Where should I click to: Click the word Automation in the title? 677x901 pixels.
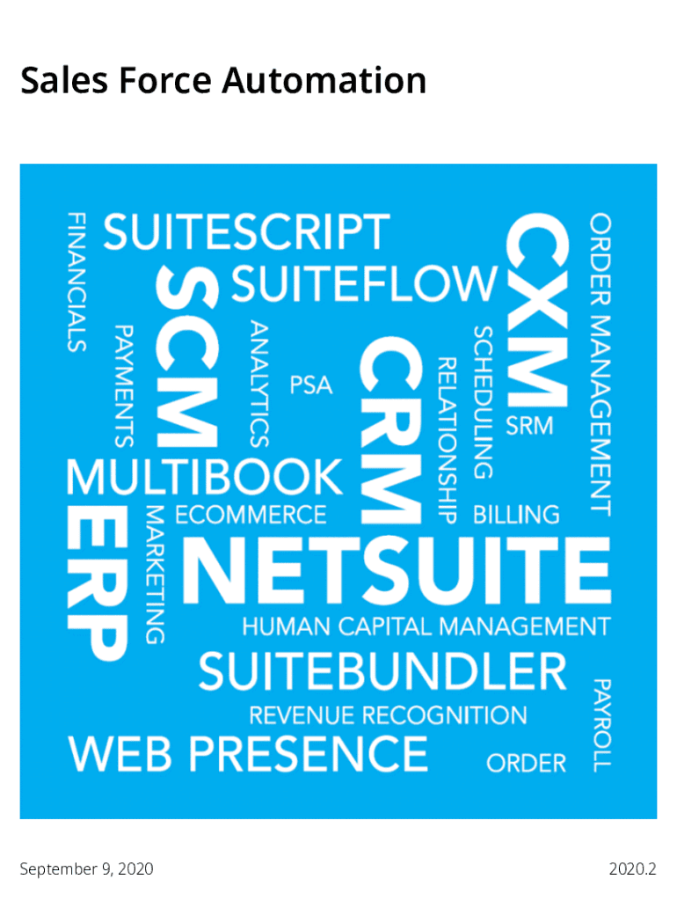(324, 80)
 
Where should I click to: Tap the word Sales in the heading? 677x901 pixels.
(64, 80)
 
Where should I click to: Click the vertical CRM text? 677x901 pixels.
(391, 430)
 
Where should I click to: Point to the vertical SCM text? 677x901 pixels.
(187, 356)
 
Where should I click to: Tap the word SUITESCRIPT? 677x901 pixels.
(246, 231)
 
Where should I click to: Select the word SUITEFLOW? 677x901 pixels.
(364, 283)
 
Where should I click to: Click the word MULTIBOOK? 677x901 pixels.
(205, 477)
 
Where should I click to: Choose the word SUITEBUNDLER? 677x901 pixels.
(382, 671)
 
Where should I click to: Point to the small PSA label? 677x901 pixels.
(310, 385)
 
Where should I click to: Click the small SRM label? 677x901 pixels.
(529, 426)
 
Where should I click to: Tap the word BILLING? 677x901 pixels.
(516, 515)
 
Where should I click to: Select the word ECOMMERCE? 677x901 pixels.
(251, 515)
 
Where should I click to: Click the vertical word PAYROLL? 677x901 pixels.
(601, 725)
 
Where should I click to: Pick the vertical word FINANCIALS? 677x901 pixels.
(77, 282)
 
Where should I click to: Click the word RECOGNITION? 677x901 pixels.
(444, 715)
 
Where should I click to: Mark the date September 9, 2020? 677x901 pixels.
(87, 868)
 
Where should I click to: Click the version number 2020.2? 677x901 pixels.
(632, 868)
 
